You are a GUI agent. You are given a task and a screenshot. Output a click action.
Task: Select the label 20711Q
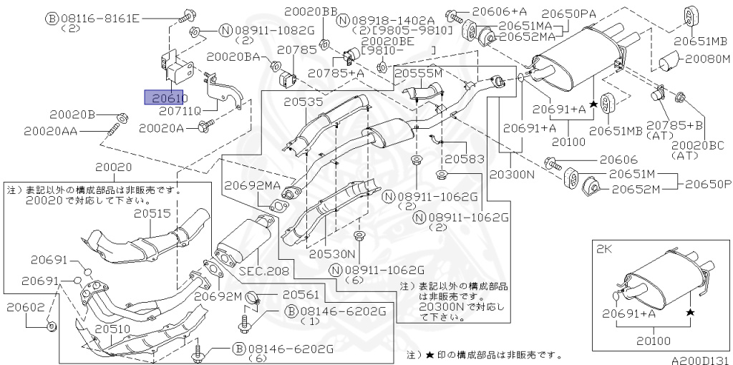[x=180, y=111]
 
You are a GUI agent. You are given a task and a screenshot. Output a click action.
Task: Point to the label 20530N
[x=332, y=254]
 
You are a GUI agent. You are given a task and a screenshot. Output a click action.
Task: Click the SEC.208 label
[x=264, y=270]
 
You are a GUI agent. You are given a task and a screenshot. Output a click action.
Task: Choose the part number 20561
[x=301, y=294]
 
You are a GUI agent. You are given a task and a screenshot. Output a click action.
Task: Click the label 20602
[x=26, y=308]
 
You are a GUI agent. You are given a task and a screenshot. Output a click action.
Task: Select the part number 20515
[x=152, y=214]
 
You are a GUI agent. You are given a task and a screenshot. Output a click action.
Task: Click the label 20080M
[x=708, y=59]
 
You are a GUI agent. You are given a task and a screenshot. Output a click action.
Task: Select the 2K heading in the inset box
[x=603, y=250]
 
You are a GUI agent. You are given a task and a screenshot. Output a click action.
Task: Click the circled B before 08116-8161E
[x=51, y=19]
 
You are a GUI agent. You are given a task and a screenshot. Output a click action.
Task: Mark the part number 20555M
[x=418, y=73]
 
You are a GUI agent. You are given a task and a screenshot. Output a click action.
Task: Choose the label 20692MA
[x=252, y=185]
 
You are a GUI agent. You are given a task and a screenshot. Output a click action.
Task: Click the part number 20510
[x=114, y=328]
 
